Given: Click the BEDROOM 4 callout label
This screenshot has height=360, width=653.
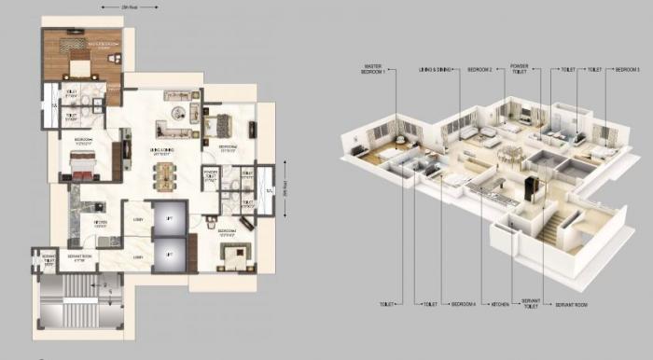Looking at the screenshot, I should click(x=465, y=304).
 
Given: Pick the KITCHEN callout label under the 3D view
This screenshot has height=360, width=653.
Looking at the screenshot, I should click(x=500, y=304).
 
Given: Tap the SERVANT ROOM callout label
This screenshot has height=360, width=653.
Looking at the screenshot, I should click(x=571, y=304).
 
